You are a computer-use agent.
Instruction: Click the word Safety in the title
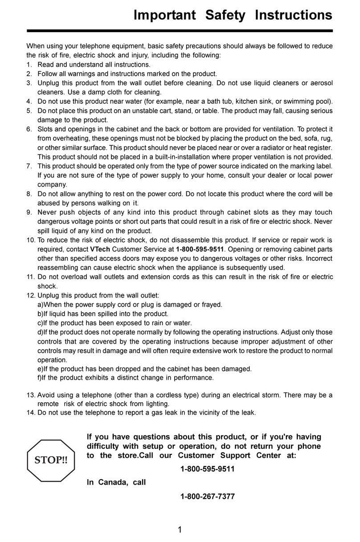click(225, 15)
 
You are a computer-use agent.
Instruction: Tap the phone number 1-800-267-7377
click(208, 497)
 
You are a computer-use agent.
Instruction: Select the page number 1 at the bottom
click(180, 530)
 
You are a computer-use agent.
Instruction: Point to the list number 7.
click(29, 166)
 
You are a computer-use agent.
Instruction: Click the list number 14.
click(30, 412)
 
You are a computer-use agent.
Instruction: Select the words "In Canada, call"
click(116, 483)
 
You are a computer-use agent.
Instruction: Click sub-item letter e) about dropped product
click(40, 369)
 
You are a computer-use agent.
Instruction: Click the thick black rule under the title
click(180, 31)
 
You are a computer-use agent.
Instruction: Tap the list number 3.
click(29, 83)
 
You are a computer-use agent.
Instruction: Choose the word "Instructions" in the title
click(293, 15)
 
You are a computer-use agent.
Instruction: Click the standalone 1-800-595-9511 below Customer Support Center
click(208, 469)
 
